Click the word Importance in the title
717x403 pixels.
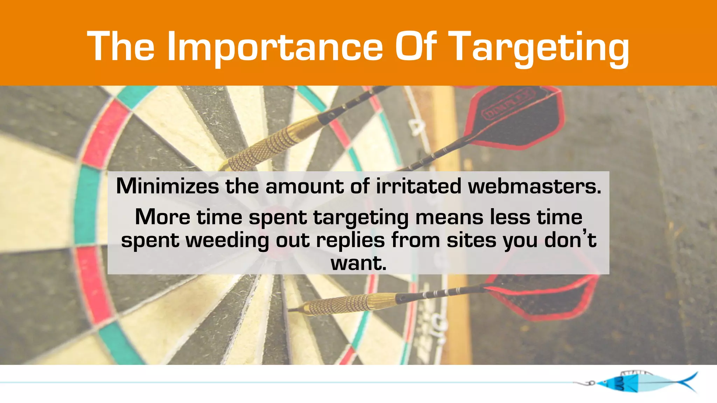point(275,47)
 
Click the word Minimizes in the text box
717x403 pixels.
point(167,186)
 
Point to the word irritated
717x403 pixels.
point(419,186)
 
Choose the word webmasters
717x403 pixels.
point(535,186)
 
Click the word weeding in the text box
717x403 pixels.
point(227,240)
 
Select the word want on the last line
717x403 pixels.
point(358,263)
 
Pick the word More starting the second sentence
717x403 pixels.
point(162,217)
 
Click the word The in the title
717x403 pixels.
point(121,47)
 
